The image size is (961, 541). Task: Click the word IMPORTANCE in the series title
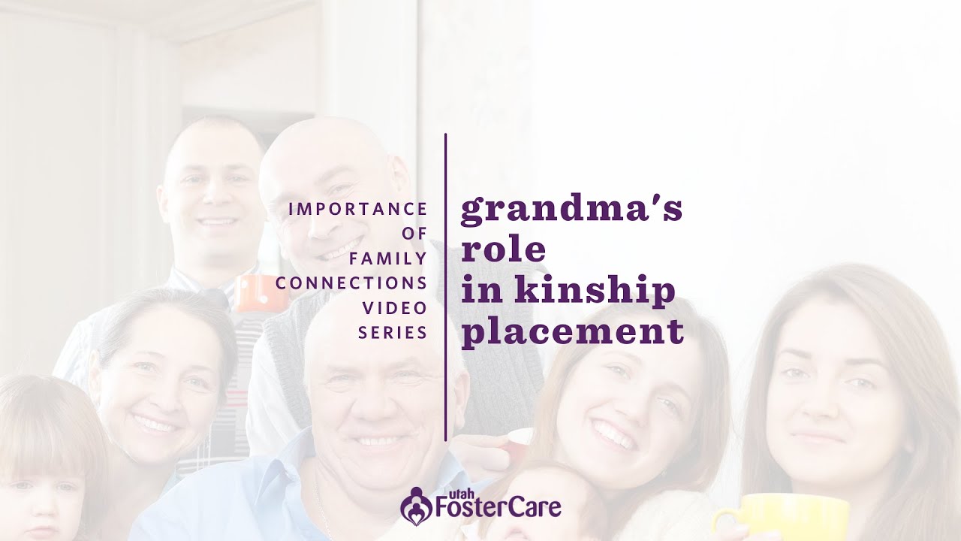click(x=357, y=209)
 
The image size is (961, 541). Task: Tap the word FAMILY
click(x=388, y=258)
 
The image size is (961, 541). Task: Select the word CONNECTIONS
click(x=351, y=283)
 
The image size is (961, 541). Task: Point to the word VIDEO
click(x=395, y=308)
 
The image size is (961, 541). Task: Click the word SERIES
click(x=393, y=332)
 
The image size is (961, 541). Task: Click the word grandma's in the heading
click(x=571, y=211)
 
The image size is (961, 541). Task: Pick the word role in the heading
click(x=503, y=249)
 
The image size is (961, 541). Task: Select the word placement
click(x=572, y=332)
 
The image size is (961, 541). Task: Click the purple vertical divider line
click(x=446, y=286)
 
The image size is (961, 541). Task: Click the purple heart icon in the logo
click(x=415, y=505)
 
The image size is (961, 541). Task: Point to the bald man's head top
click(x=327, y=139)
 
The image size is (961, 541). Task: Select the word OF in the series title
click(x=414, y=234)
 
